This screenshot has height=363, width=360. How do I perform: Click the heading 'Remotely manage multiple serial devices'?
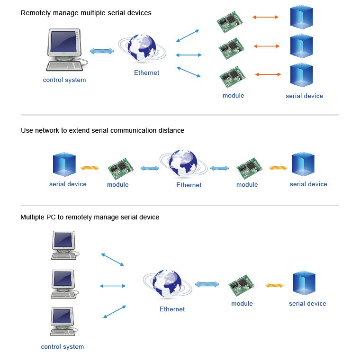pos(86,13)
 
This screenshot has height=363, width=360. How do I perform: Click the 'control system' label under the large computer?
pos(64,80)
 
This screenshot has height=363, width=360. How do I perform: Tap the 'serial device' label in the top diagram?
pos(304,96)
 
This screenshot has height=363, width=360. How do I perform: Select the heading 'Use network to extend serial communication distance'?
pos(102,130)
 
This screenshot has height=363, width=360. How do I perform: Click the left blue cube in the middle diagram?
pos(64,164)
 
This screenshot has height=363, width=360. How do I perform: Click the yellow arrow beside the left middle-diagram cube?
pos(90,168)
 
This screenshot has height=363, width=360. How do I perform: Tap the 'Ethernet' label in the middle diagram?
pos(189,185)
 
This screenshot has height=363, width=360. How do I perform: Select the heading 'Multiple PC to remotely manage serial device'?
pos(90,218)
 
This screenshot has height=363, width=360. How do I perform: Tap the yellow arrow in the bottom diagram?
pos(274,285)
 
